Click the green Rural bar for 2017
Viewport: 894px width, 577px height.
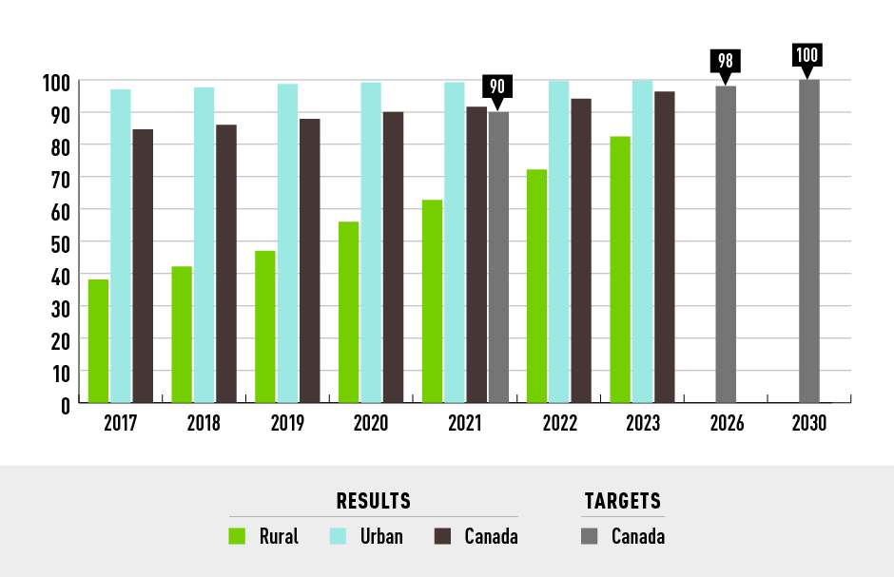[x=98, y=340]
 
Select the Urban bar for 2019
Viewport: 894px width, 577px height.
[x=287, y=242]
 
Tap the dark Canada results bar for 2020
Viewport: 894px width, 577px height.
[x=393, y=257]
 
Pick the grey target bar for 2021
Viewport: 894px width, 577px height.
[x=498, y=257]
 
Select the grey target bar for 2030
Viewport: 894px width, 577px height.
[x=809, y=241]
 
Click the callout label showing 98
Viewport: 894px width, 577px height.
[x=726, y=61]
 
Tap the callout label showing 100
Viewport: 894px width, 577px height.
[x=807, y=55]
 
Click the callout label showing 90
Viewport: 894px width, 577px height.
[x=497, y=87]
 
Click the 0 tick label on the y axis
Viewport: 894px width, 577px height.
[x=65, y=404]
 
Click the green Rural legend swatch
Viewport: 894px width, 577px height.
[x=238, y=536]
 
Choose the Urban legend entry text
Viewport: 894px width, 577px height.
[x=380, y=536]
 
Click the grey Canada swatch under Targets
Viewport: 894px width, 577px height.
[x=590, y=536]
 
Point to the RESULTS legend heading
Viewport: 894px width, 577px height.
[x=374, y=501]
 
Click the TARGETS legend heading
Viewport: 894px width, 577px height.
[x=622, y=501]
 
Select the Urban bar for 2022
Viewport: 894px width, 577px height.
[x=558, y=242]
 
